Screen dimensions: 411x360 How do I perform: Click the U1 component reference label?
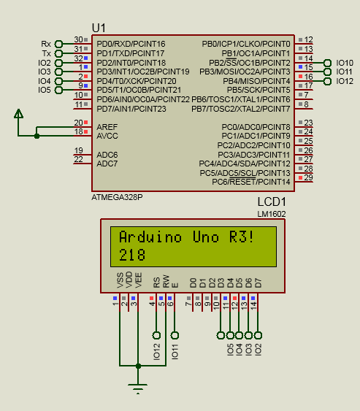(x=99, y=27)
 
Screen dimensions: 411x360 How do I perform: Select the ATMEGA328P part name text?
(x=117, y=197)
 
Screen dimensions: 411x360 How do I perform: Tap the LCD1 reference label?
(x=272, y=202)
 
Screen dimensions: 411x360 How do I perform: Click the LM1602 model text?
(x=272, y=214)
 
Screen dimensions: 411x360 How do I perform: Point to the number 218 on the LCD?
(x=131, y=255)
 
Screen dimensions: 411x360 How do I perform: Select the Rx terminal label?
(x=46, y=44)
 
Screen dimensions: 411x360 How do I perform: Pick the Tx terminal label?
(x=46, y=53)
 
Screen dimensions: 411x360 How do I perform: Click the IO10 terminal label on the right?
(x=345, y=63)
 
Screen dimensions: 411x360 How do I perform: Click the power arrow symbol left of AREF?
(x=19, y=113)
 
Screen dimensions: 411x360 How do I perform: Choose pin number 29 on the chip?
(x=309, y=177)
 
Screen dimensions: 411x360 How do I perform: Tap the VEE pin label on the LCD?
(x=137, y=280)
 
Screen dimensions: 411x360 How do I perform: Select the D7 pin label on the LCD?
(x=258, y=282)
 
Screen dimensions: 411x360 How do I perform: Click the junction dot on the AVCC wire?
(x=37, y=135)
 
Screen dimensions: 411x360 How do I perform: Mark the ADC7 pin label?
(x=107, y=164)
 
